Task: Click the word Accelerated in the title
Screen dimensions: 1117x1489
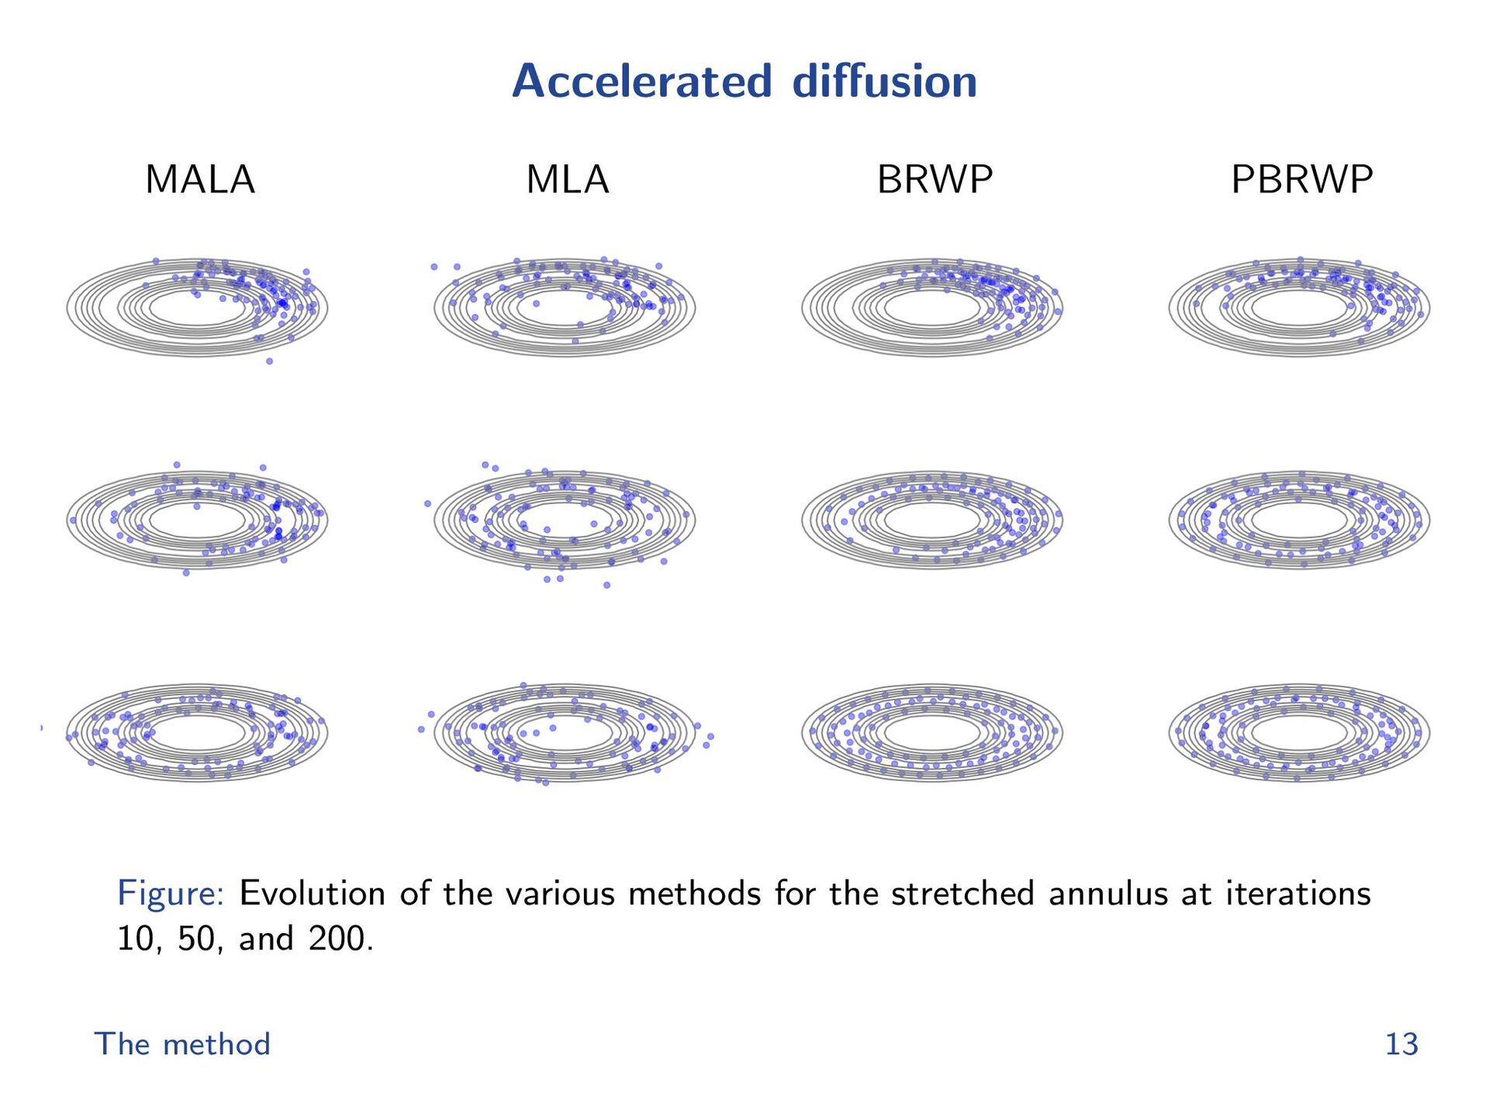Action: tap(642, 81)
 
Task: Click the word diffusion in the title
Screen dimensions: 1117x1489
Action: tap(884, 81)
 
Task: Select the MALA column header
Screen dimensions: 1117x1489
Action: tap(200, 180)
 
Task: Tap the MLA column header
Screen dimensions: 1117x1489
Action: tap(568, 180)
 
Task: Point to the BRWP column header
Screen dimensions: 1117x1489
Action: tap(935, 180)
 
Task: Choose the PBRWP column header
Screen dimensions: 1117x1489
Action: tap(1302, 180)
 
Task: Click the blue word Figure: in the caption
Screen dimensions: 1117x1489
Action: tap(171, 894)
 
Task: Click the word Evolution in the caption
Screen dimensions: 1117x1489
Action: tap(312, 894)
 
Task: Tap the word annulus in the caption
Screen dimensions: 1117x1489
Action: tap(1108, 894)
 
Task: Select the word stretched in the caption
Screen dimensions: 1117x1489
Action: tap(962, 894)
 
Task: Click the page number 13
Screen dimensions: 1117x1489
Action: tap(1401, 1044)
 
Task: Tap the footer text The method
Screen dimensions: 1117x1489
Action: tap(182, 1044)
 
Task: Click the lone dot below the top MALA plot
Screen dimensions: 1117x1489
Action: tap(269, 361)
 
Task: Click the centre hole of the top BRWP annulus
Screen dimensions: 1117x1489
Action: tap(932, 308)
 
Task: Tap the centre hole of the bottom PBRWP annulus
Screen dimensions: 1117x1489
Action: tap(1300, 732)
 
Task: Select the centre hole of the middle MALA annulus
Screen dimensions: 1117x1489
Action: tap(197, 520)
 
